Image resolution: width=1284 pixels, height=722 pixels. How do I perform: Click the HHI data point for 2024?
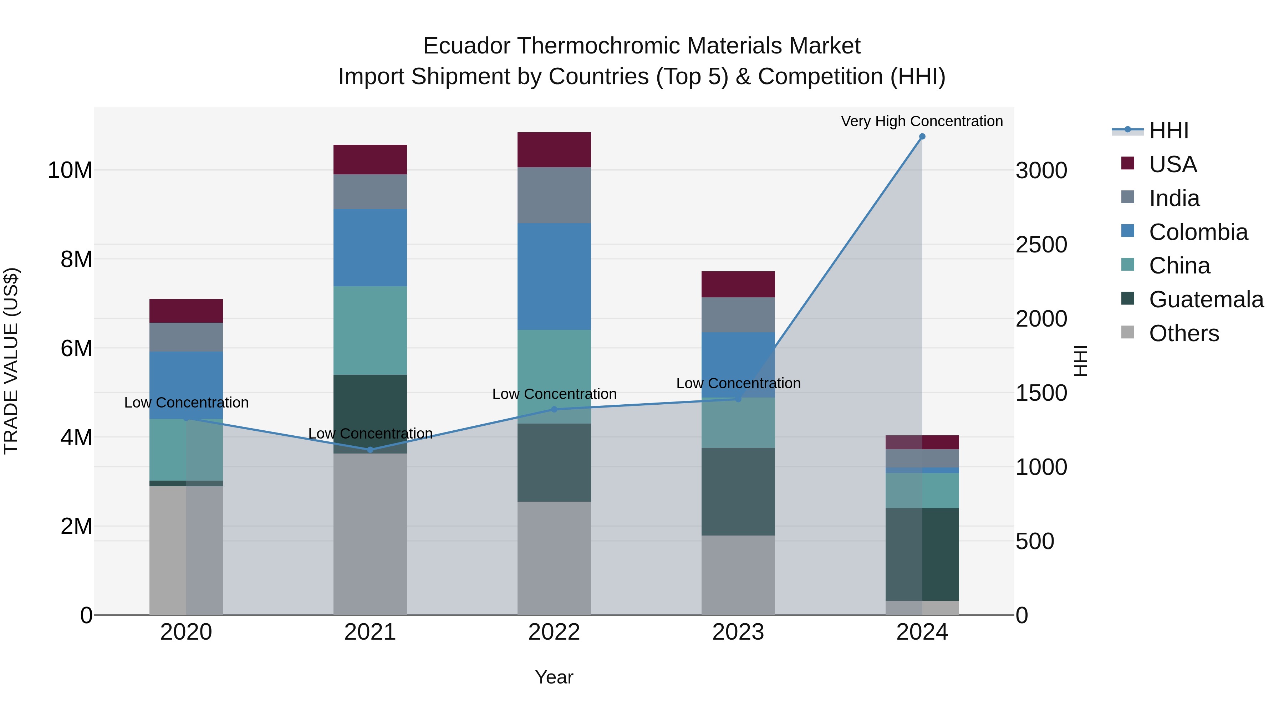pyautogui.click(x=922, y=137)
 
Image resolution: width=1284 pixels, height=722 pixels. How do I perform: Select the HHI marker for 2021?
pyautogui.click(x=370, y=450)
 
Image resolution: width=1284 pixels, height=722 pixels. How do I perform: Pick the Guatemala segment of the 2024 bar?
pyautogui.click(x=922, y=554)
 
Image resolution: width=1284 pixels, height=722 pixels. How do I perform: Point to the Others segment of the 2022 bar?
pyautogui.click(x=554, y=558)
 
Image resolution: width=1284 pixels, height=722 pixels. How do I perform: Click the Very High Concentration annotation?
pyautogui.click(x=922, y=121)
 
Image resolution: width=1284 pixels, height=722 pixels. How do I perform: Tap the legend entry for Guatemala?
pyautogui.click(x=1206, y=299)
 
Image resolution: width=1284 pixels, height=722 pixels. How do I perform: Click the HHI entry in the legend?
pyautogui.click(x=1168, y=130)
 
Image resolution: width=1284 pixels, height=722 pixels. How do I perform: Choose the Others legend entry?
pyautogui.click(x=1184, y=333)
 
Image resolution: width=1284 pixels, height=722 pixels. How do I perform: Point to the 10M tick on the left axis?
pyautogui.click(x=70, y=170)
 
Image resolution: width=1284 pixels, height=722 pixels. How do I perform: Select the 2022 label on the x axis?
pyautogui.click(x=554, y=632)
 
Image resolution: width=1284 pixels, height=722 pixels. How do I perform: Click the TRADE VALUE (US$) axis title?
pyautogui.click(x=11, y=361)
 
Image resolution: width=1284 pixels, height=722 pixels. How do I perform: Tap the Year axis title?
pyautogui.click(x=554, y=677)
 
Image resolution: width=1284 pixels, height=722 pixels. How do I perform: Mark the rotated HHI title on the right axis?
pyautogui.click(x=1080, y=361)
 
